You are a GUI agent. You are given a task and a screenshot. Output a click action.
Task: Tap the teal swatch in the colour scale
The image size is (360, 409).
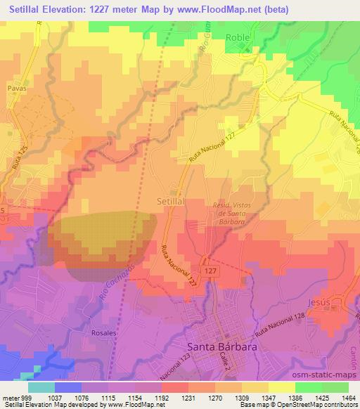coord(42,387)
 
